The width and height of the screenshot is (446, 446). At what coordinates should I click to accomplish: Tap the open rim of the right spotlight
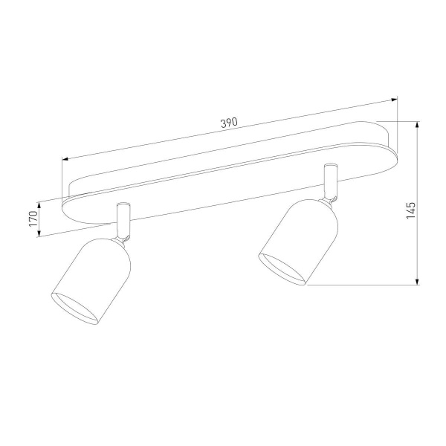(x=281, y=268)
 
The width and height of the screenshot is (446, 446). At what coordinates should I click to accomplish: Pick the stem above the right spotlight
(x=329, y=179)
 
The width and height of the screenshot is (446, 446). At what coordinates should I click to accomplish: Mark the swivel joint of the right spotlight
(x=332, y=197)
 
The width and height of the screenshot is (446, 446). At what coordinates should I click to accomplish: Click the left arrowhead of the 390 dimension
(x=65, y=158)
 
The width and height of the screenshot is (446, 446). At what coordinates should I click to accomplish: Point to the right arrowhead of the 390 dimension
(x=395, y=98)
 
